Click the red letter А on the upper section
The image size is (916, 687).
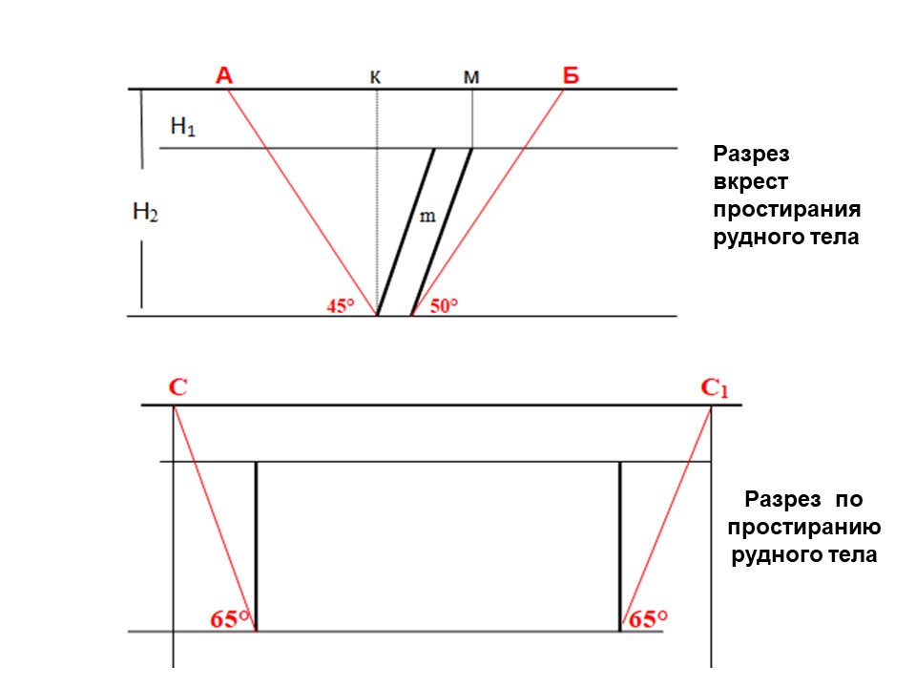point(224,75)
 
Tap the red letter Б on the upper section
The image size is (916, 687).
point(571,75)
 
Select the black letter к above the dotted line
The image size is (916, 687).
point(376,77)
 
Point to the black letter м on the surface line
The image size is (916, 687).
point(471,77)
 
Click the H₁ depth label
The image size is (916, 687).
point(183,126)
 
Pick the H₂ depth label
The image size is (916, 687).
point(145,212)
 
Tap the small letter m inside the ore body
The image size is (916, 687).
point(427,217)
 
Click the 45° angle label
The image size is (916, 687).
point(341,305)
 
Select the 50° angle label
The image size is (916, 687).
point(444,305)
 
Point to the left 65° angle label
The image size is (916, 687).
point(230,619)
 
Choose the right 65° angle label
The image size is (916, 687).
point(648,619)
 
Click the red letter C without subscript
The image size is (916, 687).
point(178,386)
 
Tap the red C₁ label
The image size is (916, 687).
point(715,388)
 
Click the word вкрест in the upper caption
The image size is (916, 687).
point(751,181)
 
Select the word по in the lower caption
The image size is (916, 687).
point(849,499)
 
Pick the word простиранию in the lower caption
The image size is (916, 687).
point(804,528)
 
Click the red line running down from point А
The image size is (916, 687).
point(302,202)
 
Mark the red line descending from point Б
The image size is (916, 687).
point(488,202)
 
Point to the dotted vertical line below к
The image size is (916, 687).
point(377,202)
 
